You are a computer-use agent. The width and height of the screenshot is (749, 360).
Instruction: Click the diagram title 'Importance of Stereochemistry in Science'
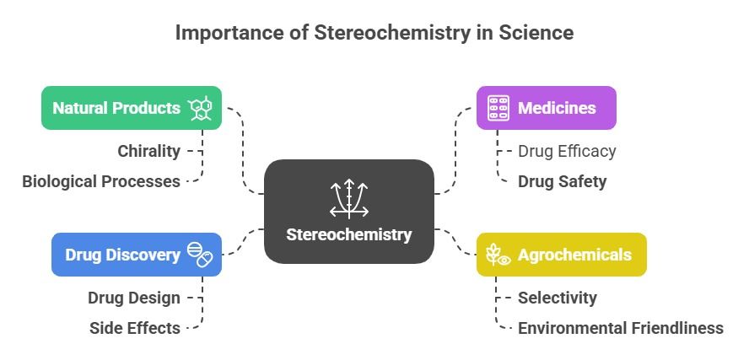click(374, 33)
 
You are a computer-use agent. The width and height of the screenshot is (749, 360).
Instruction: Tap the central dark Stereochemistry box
click(349, 212)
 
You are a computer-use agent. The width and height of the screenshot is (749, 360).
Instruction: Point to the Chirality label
click(148, 152)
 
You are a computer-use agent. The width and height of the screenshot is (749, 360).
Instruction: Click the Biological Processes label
click(101, 181)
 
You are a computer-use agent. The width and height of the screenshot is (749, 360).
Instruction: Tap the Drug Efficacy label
click(567, 152)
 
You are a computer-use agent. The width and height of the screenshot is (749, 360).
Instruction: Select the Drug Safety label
click(562, 181)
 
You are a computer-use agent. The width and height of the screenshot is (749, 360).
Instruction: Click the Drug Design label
click(134, 298)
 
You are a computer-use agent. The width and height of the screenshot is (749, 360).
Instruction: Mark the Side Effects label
click(135, 328)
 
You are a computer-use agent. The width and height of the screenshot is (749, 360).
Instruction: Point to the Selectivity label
click(558, 298)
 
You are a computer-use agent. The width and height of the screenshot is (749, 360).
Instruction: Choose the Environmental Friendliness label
click(621, 328)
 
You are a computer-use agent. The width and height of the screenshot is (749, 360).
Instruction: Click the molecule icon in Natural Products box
click(201, 108)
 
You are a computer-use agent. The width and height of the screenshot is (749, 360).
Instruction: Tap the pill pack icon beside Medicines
click(498, 108)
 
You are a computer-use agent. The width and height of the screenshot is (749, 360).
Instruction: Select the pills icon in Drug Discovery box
click(199, 255)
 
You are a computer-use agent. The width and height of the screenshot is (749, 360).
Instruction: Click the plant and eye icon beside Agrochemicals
click(498, 255)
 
